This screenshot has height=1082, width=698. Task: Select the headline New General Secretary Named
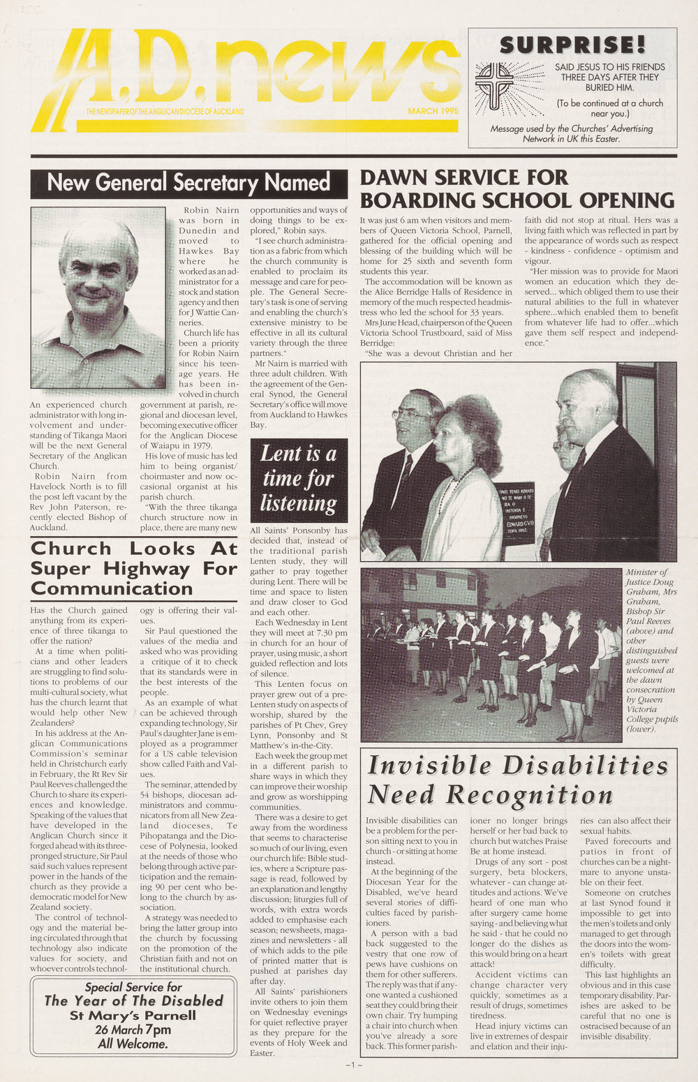coord(188,183)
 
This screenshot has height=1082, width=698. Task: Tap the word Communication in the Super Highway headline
coord(112,588)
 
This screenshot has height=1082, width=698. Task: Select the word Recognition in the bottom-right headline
coord(530,794)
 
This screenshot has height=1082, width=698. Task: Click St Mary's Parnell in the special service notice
coord(133,1015)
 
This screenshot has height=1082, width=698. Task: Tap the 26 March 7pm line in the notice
coord(133,1030)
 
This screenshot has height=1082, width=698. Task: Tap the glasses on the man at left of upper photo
coord(410,414)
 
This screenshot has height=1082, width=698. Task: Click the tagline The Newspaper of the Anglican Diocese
coord(165,112)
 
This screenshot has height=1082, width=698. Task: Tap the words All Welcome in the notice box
coord(133,1044)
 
